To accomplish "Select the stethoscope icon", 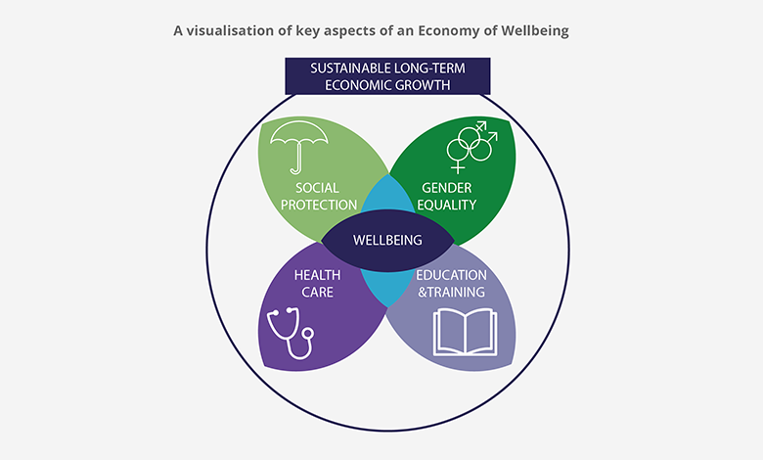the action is click(291, 333).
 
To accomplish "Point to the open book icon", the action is click(466, 332).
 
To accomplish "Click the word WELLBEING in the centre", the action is click(387, 241).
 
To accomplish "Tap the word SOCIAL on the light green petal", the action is click(317, 188).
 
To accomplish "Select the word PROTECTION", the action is click(319, 205).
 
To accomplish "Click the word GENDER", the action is click(447, 188).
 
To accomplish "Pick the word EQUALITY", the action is click(447, 205).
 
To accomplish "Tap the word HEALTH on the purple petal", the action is click(317, 275).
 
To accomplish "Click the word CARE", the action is click(317, 292).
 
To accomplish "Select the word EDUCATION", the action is click(451, 275).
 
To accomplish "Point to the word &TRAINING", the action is click(451, 292).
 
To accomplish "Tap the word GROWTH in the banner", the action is click(423, 85).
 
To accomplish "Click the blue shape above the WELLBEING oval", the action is click(387, 195).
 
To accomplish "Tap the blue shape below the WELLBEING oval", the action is click(387, 288).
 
